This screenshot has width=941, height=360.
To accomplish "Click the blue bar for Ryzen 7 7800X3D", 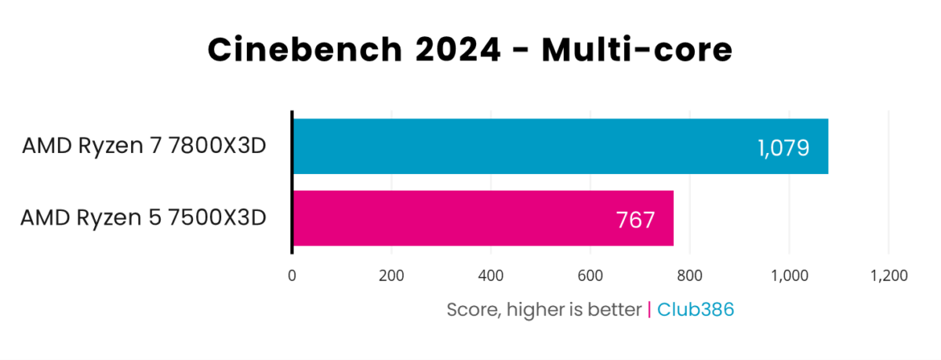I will [x=549, y=147].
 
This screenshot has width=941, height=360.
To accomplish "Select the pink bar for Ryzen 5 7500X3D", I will [x=470, y=218].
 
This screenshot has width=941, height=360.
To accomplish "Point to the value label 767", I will [x=635, y=220].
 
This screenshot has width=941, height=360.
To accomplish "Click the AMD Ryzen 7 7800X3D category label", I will [x=144, y=147].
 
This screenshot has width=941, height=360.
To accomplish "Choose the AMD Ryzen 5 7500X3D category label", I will [x=144, y=218].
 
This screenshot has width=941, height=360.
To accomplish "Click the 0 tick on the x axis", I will [x=292, y=275].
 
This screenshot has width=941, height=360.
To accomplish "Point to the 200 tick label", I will [x=391, y=275].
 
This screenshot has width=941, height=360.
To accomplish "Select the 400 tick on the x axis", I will [x=490, y=275].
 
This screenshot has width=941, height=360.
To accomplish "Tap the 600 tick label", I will [x=590, y=275].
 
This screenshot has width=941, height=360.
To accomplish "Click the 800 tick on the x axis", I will [x=689, y=275].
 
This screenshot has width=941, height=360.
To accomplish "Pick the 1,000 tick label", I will [x=788, y=275].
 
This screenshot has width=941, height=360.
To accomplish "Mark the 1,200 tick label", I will [x=888, y=275].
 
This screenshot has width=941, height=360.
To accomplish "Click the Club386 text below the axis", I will [x=696, y=310].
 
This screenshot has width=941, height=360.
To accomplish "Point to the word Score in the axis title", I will [x=470, y=310].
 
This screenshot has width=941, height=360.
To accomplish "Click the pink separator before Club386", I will [x=649, y=310].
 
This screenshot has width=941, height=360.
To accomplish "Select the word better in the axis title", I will [x=616, y=310].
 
